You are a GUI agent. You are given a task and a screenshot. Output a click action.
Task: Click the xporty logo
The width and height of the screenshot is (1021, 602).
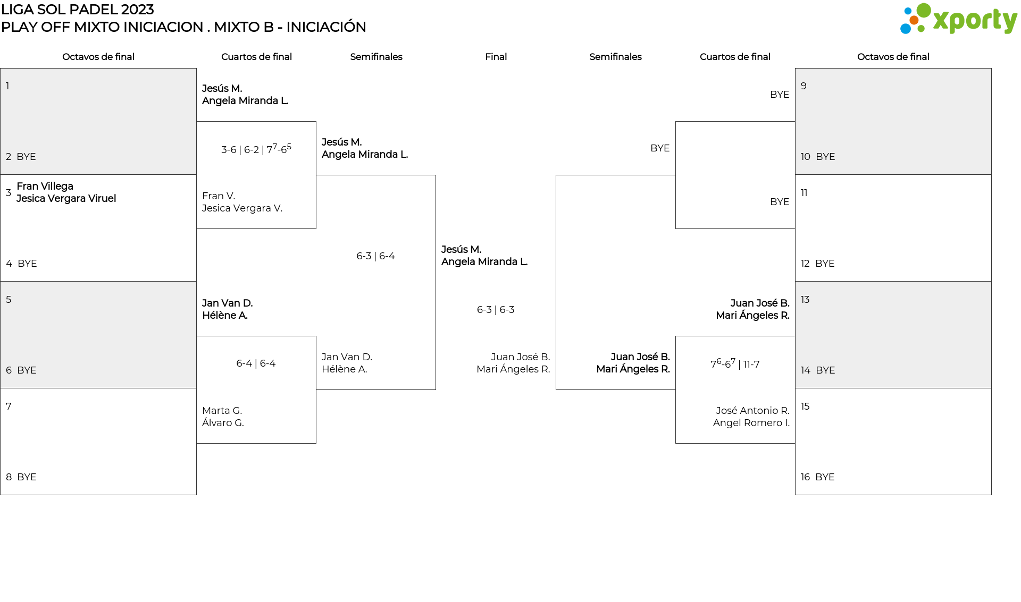pyautogui.click(x=958, y=20)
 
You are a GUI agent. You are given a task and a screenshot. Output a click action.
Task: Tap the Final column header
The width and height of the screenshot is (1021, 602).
pyautogui.click(x=496, y=57)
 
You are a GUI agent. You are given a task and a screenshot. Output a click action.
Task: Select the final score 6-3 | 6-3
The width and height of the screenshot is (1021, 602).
pyautogui.click(x=496, y=310)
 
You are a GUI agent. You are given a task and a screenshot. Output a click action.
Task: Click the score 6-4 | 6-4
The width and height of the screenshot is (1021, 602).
pyautogui.click(x=256, y=363)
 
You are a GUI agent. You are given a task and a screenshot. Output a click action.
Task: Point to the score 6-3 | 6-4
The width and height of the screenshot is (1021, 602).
pyautogui.click(x=375, y=256)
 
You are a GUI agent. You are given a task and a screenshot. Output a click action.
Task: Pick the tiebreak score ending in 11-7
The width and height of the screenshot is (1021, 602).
pyautogui.click(x=735, y=364)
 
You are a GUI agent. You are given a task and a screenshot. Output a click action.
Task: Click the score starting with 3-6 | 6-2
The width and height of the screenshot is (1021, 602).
pyautogui.click(x=256, y=149)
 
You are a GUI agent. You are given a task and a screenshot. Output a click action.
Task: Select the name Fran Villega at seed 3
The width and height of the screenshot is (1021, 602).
pyautogui.click(x=45, y=186)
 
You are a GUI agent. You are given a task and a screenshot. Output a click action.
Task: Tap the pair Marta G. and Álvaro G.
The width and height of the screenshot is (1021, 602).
pyautogui.click(x=223, y=417)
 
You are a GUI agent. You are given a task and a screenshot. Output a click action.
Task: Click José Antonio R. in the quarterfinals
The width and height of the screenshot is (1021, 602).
pyautogui.click(x=752, y=410)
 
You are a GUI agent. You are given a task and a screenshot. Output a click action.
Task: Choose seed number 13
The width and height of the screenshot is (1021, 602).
pyautogui.click(x=805, y=300)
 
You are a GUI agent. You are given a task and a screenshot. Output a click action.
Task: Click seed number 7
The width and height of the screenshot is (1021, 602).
pyautogui.click(x=9, y=406)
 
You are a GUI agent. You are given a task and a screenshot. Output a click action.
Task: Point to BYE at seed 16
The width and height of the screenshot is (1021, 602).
pyautogui.click(x=825, y=477)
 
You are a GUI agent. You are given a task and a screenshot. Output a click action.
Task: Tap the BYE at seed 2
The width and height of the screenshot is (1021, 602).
pyautogui.click(x=26, y=157)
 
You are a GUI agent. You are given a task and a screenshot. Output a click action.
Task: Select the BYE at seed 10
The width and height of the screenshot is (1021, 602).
pyautogui.click(x=825, y=157)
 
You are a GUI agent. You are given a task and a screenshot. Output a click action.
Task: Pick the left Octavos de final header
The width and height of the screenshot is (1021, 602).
pyautogui.click(x=98, y=57)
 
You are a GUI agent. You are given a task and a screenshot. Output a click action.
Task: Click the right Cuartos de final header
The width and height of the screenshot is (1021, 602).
pyautogui.click(x=735, y=57)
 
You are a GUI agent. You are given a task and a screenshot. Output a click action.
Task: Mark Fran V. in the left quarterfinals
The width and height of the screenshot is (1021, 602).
pyautogui.click(x=219, y=196)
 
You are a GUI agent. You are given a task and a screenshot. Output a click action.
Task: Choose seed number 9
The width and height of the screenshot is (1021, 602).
pyautogui.click(x=804, y=86)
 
